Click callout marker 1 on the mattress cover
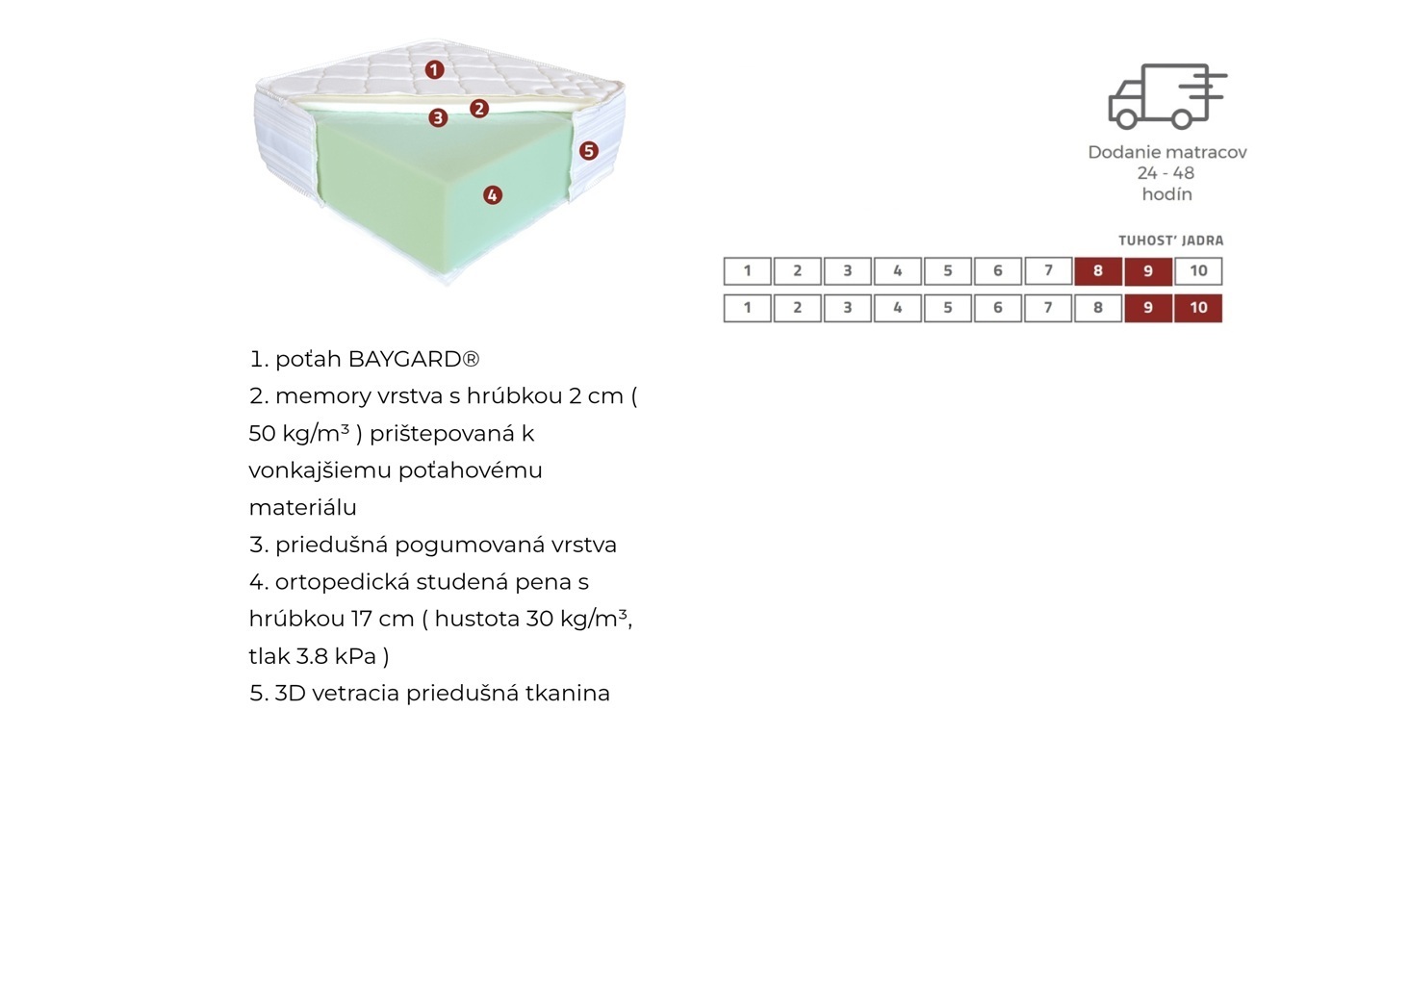coord(434,69)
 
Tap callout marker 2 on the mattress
coord(479,108)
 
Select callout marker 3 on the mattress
coord(438,117)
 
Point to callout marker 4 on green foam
coord(493,195)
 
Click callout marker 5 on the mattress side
coord(589,150)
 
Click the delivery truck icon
coord(1166,96)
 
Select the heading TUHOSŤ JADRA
coord(1170,241)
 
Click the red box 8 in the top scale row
coord(1098,271)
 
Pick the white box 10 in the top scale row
coord(1198,271)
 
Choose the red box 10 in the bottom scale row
coord(1198,308)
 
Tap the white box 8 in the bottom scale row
coord(1098,308)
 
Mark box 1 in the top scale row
coord(747,271)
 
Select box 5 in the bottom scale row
coord(948,308)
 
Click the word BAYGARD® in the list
coord(414,359)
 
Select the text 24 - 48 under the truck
coord(1166,173)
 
